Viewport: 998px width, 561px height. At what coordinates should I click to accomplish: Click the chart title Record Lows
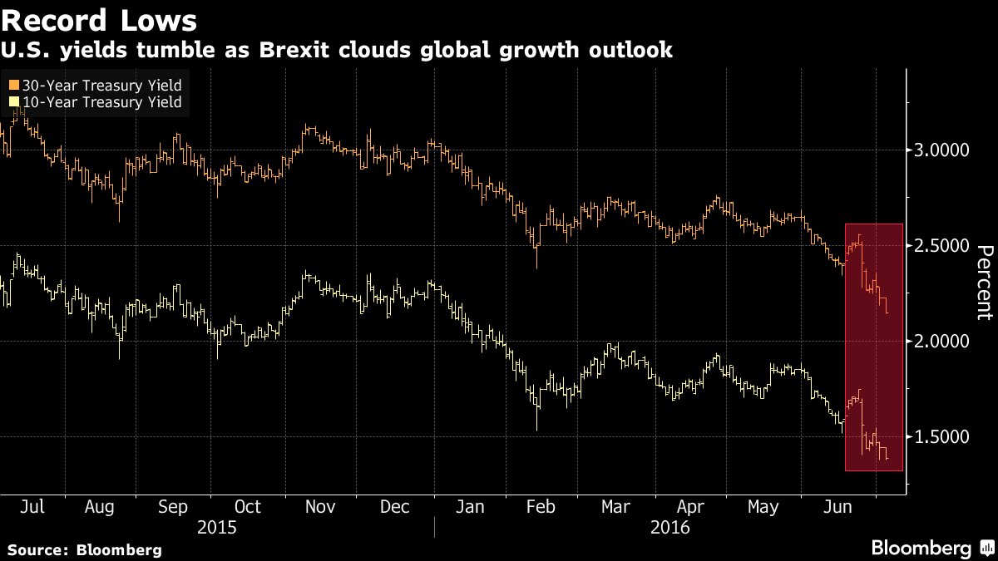(x=101, y=20)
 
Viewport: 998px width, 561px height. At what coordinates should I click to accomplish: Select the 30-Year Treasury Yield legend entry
(x=96, y=85)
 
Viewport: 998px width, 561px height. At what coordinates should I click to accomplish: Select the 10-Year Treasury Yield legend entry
(x=96, y=102)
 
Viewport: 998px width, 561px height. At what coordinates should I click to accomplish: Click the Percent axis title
(x=984, y=283)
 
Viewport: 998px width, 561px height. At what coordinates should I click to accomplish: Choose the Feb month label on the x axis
(x=541, y=506)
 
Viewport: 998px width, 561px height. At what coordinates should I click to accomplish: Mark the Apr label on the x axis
(x=689, y=506)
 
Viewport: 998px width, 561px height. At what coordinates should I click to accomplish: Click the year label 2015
(x=216, y=527)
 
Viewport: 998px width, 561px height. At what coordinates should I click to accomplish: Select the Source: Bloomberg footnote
(x=84, y=549)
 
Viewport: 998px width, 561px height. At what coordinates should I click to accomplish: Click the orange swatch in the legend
(x=13, y=85)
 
